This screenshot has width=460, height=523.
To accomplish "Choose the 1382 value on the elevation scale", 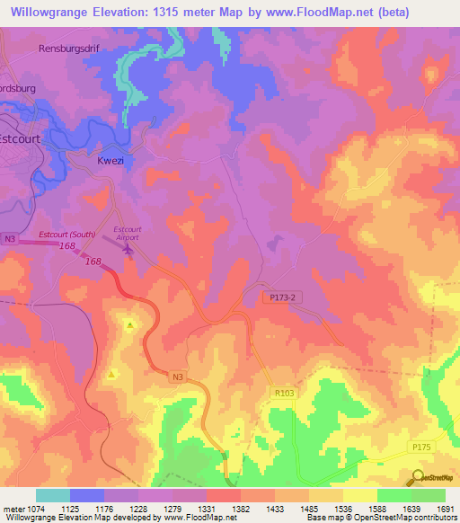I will point(241,508).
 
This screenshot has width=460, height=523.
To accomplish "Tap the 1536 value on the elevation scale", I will point(341,508).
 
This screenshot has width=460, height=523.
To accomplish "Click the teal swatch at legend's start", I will point(52,495).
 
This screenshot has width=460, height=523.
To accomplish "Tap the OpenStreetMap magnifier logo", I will point(417,477).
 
